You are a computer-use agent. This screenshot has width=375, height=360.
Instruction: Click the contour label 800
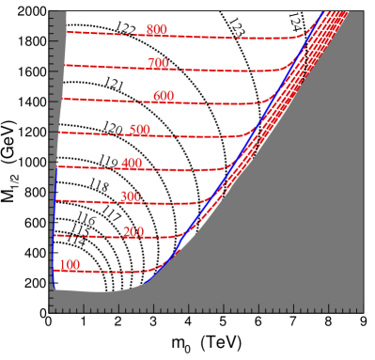coord(157,30)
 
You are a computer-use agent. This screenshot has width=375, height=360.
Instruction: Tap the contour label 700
coord(158,64)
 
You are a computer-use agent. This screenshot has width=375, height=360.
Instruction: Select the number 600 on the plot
coord(164,97)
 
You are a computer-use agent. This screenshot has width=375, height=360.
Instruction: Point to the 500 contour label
coord(140,130)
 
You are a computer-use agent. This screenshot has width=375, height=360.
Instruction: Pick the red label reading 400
coord(132,164)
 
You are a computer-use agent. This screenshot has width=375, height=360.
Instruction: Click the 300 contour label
coord(130,197)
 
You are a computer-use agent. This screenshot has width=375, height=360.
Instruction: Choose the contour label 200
coord(133,232)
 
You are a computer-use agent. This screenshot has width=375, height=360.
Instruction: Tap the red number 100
coord(70,265)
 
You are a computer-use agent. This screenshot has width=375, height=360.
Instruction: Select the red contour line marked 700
coord(226,71)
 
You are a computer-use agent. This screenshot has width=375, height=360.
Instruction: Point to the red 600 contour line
coord(216,103)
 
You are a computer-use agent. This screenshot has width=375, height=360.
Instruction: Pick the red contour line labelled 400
coord(188,171)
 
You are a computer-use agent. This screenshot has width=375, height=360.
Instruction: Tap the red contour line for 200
coord(94,236)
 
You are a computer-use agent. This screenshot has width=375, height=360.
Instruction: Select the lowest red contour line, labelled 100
coord(113,272)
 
